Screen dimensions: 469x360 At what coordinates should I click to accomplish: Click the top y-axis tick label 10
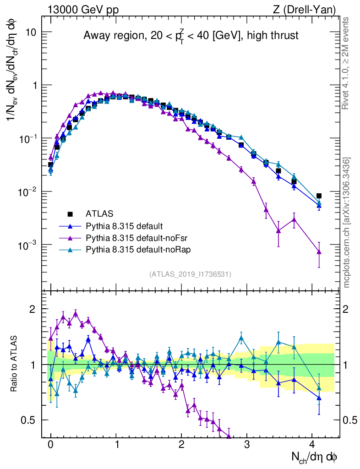[31, 32]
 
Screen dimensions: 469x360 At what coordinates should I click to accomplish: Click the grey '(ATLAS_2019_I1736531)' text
[190, 274]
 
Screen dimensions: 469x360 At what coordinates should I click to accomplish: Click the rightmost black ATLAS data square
[319, 196]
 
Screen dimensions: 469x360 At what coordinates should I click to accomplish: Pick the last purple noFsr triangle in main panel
[319, 251]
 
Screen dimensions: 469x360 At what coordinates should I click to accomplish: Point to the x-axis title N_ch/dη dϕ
[315, 457]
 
